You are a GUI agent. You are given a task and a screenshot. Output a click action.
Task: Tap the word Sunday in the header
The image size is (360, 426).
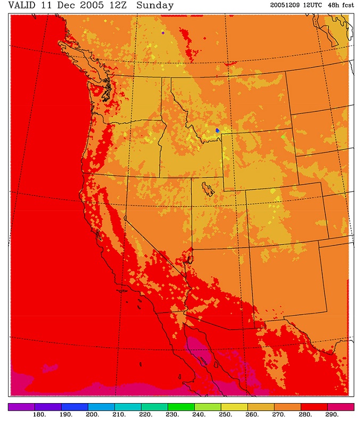[x=155, y=6]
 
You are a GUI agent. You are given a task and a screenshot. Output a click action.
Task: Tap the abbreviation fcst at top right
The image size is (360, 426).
[x=351, y=5]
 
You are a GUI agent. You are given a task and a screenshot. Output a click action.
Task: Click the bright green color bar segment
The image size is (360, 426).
[x=181, y=407]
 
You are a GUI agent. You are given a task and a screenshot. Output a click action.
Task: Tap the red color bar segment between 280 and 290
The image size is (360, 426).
[x=314, y=407]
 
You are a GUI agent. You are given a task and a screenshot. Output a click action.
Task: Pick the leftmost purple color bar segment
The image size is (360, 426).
[x=21, y=407]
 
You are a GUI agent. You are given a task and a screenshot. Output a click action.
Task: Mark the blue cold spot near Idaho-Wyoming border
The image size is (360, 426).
[x=217, y=130]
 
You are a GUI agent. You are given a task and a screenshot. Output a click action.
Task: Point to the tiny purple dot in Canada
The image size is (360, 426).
[x=163, y=33]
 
